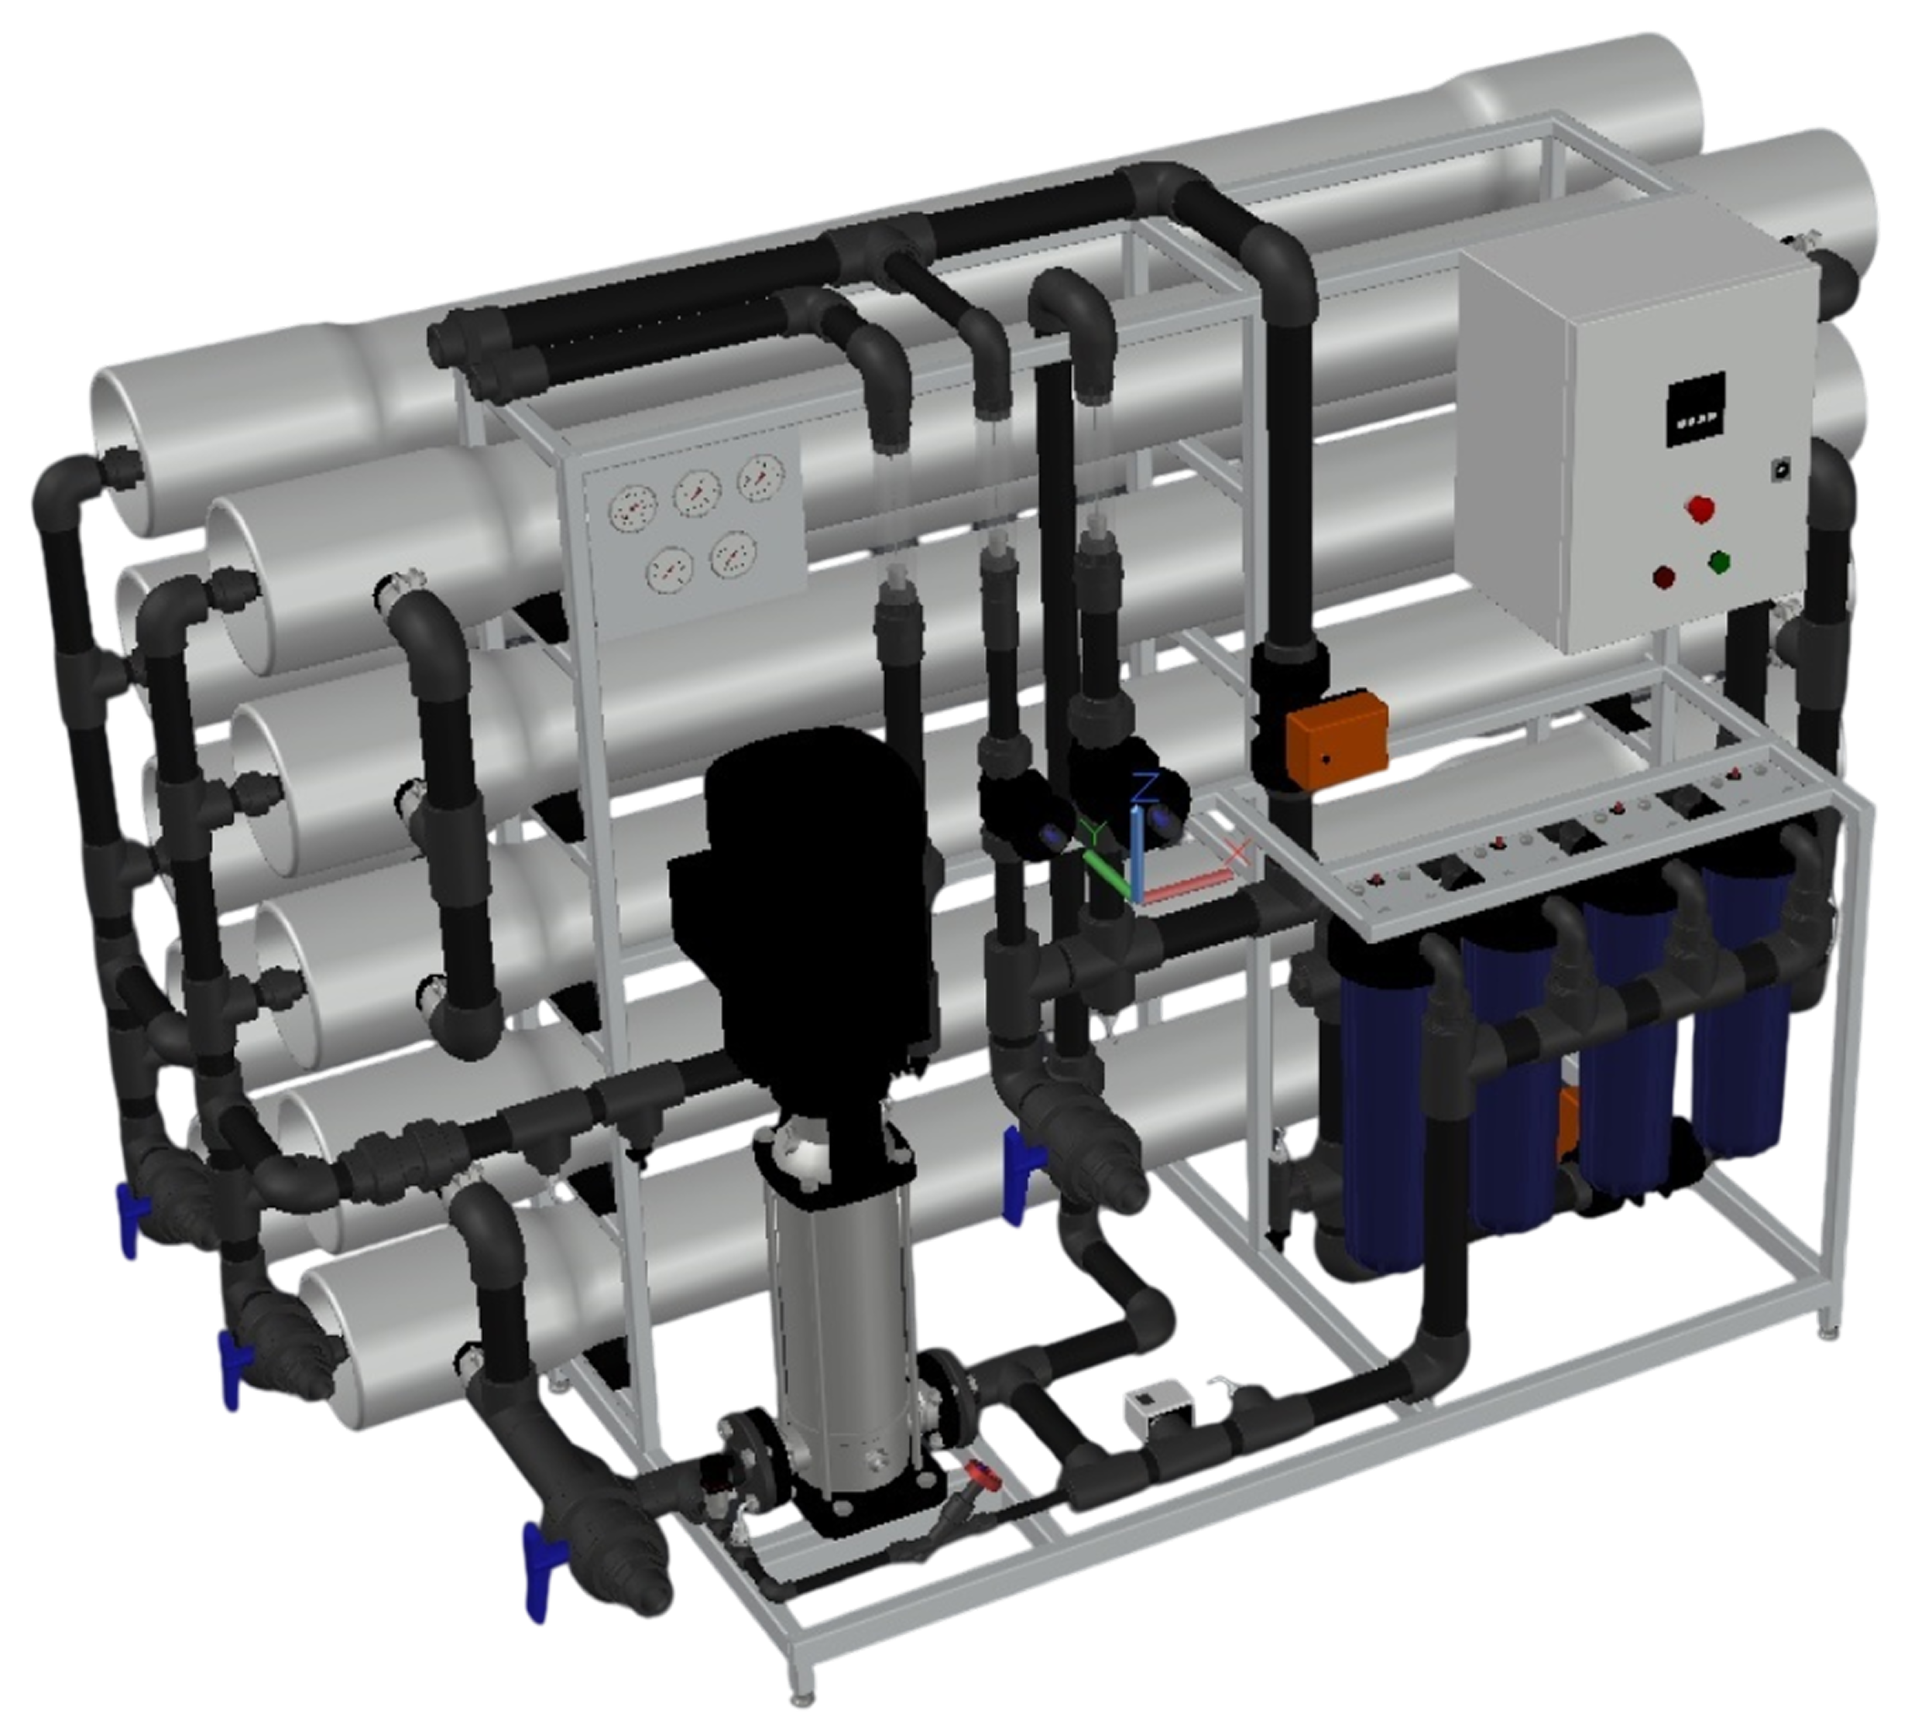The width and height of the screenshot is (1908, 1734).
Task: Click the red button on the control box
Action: click(1700, 508)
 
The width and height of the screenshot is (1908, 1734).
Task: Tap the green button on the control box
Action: click(1720, 563)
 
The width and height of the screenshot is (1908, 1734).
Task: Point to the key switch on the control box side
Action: click(1780, 468)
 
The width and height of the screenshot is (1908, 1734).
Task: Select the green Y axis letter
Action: click(1095, 832)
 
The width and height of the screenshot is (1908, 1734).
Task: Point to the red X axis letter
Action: click(1236, 852)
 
